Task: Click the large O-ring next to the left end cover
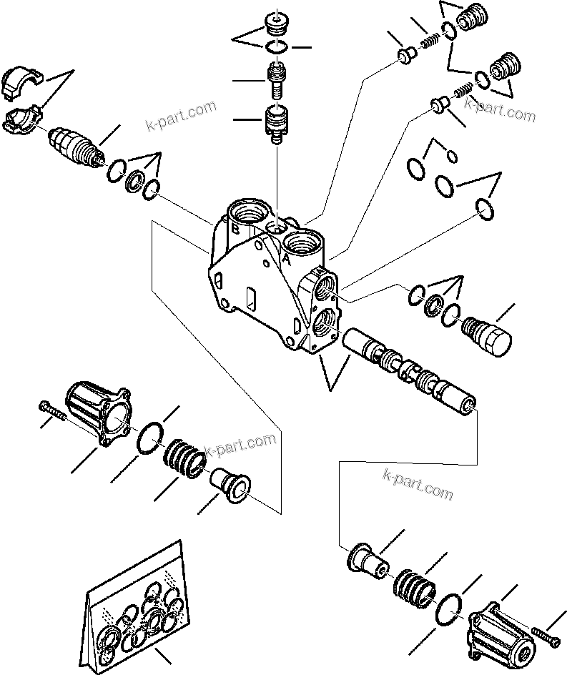click(149, 438)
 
